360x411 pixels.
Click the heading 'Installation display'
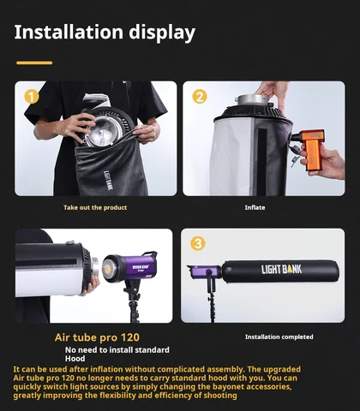pyautogui.click(x=105, y=33)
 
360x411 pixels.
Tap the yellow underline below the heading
pyautogui.click(x=34, y=62)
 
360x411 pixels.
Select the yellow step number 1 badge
pyautogui.click(x=32, y=96)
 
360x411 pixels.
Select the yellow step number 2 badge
pyautogui.click(x=199, y=96)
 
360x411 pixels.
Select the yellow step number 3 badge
pyautogui.click(x=198, y=243)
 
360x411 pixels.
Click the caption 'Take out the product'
pyautogui.click(x=95, y=207)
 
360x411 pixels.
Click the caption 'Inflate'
pyautogui.click(x=255, y=207)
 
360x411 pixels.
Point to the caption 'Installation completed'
pyautogui.click(x=279, y=337)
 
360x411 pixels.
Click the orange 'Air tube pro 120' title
pyautogui.click(x=97, y=337)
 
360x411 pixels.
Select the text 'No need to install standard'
pyautogui.click(x=117, y=349)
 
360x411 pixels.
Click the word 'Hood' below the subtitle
pyautogui.click(x=77, y=360)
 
